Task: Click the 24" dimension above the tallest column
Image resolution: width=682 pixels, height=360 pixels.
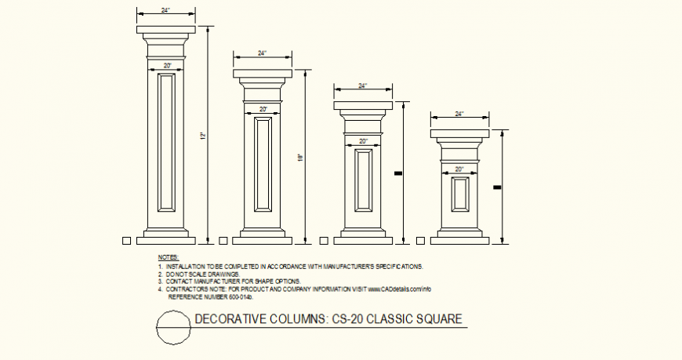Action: [x=165, y=10]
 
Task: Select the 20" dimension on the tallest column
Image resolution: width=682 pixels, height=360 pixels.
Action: [x=167, y=65]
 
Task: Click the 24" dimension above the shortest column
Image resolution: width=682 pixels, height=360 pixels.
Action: [x=459, y=115]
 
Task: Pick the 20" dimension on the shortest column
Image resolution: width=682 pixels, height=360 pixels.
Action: [x=459, y=169]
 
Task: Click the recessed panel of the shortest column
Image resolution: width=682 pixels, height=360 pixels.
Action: [x=459, y=194]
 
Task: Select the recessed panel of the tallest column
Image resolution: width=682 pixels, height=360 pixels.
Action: [x=167, y=142]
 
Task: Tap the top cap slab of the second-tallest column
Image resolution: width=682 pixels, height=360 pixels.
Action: [x=262, y=74]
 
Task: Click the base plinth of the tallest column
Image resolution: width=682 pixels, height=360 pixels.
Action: [x=167, y=235]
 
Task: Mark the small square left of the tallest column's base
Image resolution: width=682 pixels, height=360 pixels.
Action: [x=127, y=240]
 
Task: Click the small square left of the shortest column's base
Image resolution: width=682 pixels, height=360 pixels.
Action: [x=423, y=240]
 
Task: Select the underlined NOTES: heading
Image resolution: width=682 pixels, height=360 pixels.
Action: [x=168, y=257]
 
